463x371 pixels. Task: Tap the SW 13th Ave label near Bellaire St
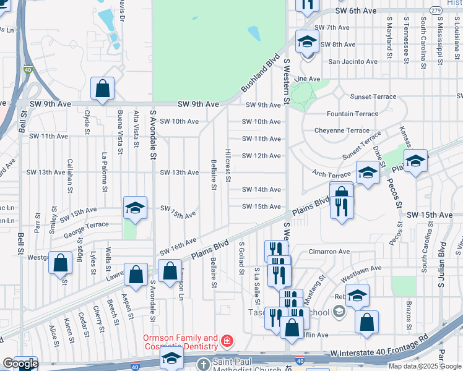pyautogui.click(x=180, y=173)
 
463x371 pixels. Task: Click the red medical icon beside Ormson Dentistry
pyautogui.click(x=227, y=341)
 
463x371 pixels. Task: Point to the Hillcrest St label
pyautogui.click(x=228, y=165)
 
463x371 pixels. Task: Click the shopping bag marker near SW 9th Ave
pyautogui.click(x=102, y=89)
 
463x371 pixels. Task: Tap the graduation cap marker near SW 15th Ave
pyautogui.click(x=135, y=208)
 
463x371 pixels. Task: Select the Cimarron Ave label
pyautogui.click(x=329, y=252)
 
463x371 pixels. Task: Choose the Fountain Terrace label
pyautogui.click(x=352, y=114)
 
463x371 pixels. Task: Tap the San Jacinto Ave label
pyautogui.click(x=352, y=62)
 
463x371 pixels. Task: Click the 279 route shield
pyautogui.click(x=436, y=11)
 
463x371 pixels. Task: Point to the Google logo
pyautogui.click(x=20, y=364)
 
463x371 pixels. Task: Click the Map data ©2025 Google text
pyautogui.click(x=425, y=366)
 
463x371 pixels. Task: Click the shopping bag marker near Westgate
pyautogui.click(x=61, y=263)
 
